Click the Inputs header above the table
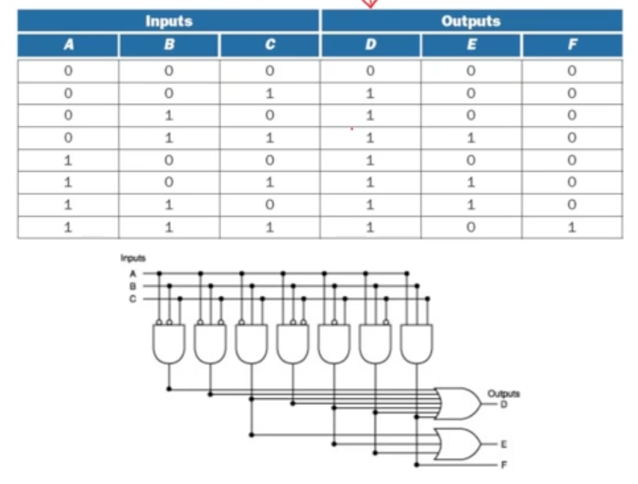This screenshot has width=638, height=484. [x=169, y=21]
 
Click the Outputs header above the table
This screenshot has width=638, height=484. [x=471, y=21]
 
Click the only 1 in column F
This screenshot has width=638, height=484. [x=572, y=228]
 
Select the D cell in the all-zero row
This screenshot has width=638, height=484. [x=371, y=72]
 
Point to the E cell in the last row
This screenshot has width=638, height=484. [x=471, y=228]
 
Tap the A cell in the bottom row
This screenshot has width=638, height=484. [x=68, y=228]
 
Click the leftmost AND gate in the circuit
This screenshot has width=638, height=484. [x=169, y=344]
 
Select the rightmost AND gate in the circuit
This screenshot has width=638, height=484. [x=416, y=344]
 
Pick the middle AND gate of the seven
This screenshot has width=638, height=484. [x=293, y=344]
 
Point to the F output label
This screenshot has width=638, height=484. [x=504, y=465]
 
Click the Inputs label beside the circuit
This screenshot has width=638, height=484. [x=133, y=258]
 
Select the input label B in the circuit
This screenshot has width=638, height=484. [x=133, y=286]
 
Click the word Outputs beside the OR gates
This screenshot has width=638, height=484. [x=504, y=394]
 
